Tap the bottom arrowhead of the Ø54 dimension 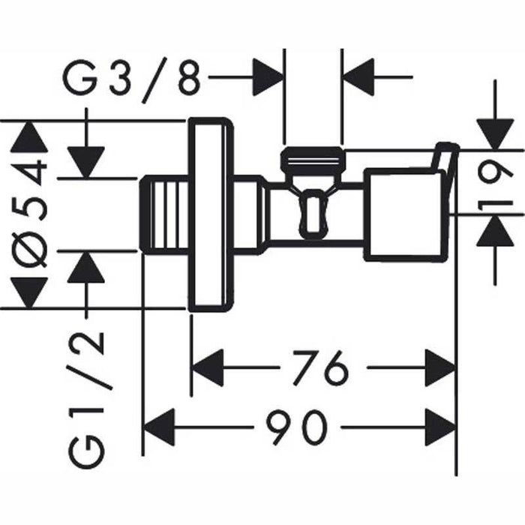[x=29, y=292]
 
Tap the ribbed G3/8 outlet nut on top [x=313, y=159]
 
